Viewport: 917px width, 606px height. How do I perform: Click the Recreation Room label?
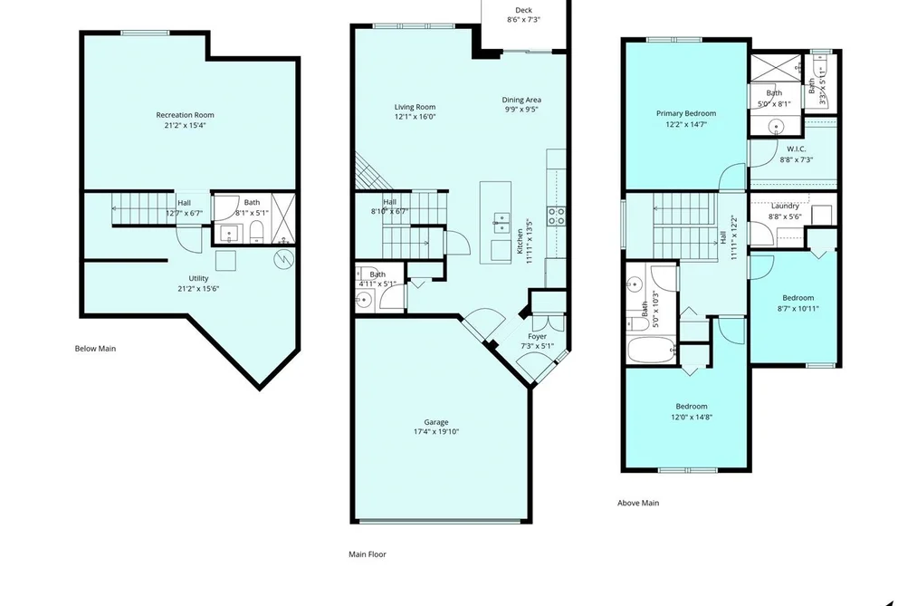click(185, 115)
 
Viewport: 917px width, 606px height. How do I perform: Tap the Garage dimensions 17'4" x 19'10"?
click(436, 432)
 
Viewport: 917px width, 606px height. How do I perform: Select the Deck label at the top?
click(523, 10)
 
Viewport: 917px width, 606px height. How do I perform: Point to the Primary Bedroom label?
click(686, 113)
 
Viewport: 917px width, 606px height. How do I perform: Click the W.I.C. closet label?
click(796, 149)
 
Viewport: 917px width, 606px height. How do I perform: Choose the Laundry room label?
click(785, 206)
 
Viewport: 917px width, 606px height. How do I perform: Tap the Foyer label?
click(537, 336)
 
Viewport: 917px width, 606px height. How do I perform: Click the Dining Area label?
click(521, 100)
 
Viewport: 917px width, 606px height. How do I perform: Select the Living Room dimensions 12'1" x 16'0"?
click(416, 117)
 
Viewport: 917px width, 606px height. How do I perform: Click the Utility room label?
click(198, 278)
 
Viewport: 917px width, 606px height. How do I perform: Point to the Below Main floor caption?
click(95, 349)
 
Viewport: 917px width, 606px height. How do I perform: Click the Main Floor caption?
click(368, 554)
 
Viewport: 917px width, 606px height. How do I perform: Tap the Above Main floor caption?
click(638, 503)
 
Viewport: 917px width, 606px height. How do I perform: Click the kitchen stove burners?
click(556, 216)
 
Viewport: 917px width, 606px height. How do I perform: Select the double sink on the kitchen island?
click(501, 220)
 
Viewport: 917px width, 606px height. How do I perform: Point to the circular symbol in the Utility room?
click(283, 258)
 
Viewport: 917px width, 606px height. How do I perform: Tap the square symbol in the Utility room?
click(225, 260)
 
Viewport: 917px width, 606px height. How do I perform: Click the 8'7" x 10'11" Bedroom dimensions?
click(798, 309)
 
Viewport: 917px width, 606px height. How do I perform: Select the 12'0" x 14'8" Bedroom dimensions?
click(692, 418)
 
